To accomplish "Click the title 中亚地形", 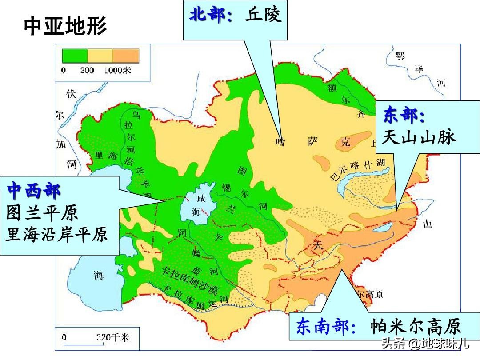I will click(65, 27).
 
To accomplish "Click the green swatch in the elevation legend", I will click(74, 56).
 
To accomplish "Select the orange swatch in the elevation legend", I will click(126, 56).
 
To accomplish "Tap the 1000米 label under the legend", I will click(117, 70).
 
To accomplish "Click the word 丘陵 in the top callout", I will click(263, 16).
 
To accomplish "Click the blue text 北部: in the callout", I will click(211, 16).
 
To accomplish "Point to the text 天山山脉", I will click(420, 137).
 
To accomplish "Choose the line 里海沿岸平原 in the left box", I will click(56, 234).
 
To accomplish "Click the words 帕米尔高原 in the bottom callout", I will click(416, 328).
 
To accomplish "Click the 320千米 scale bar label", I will click(112, 337).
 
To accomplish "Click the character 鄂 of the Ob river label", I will click(401, 55).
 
